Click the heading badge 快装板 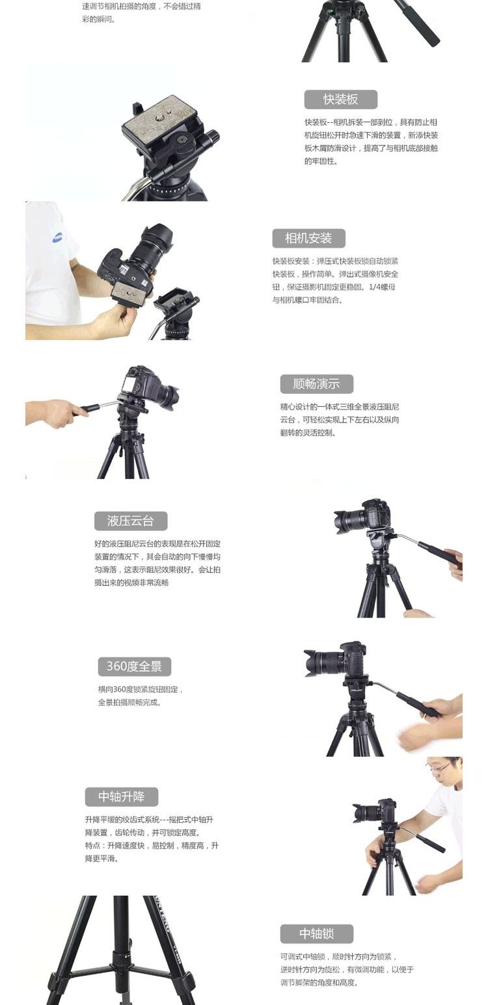pos(340,99)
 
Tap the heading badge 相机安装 pos(308,238)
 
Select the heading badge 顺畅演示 pos(316,384)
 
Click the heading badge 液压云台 pos(131,521)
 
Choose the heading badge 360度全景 pos(134,666)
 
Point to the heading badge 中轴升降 pos(122,797)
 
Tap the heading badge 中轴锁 pos(316,933)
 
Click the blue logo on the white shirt pos(57,237)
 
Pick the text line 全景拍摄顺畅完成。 pos(129,702)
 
